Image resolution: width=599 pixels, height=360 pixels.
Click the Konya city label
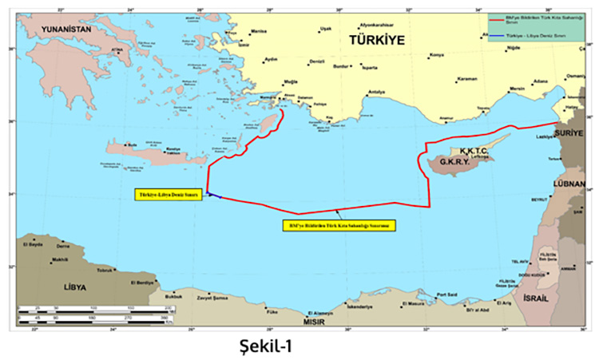click(x=437, y=55)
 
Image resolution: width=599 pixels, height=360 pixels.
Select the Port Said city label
click(x=444, y=295)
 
